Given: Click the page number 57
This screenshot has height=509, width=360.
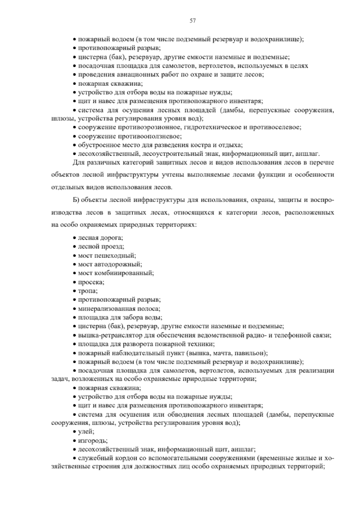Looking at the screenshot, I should [x=193, y=21].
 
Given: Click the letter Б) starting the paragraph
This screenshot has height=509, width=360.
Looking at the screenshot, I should [x=76, y=200].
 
